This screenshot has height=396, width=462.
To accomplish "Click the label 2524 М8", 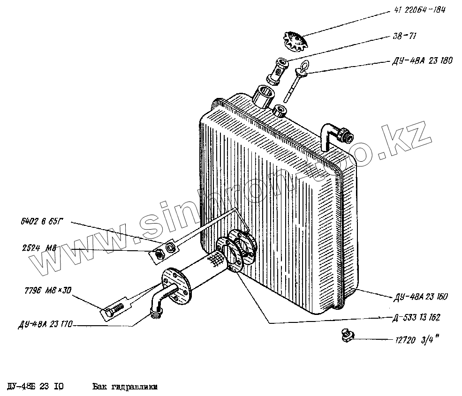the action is click(39, 249).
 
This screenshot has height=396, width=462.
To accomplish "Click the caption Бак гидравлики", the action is click(124, 387).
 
